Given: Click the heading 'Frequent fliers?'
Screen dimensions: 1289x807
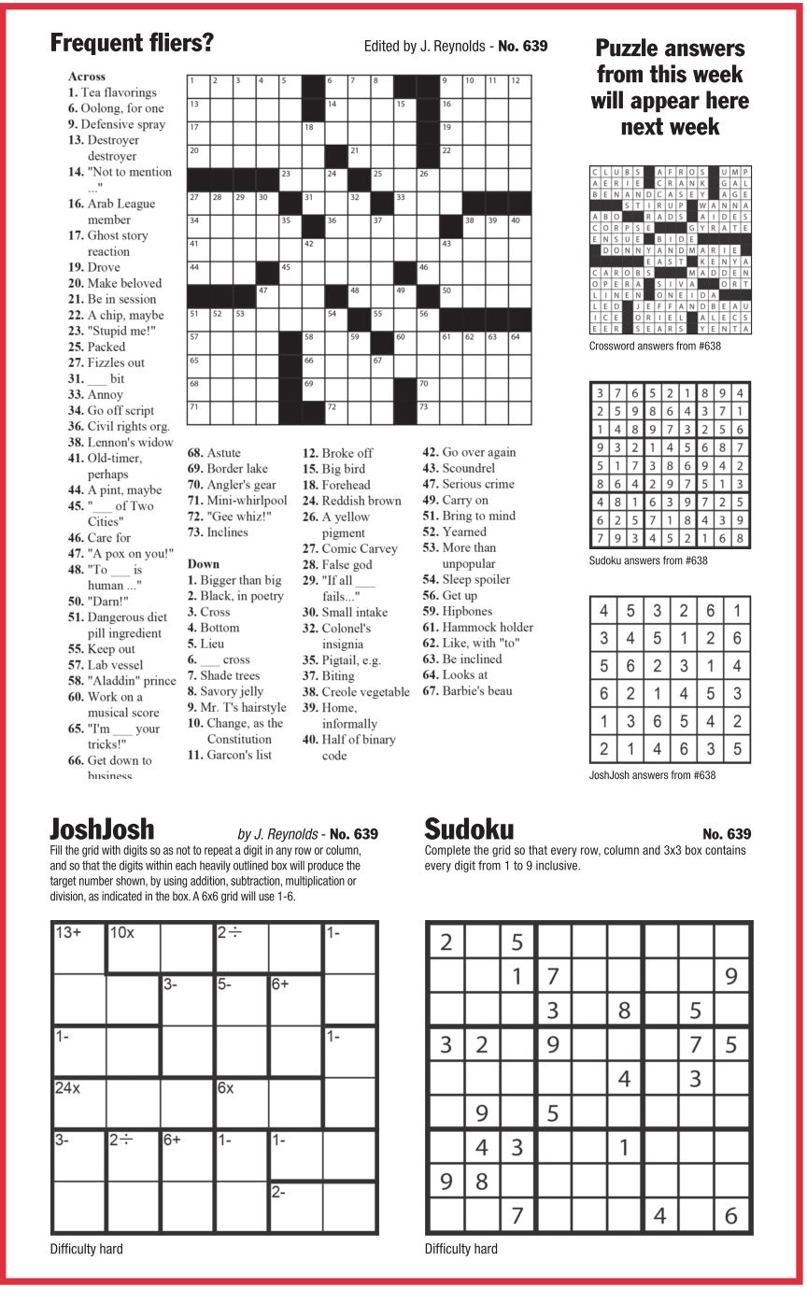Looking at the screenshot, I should coord(132,43).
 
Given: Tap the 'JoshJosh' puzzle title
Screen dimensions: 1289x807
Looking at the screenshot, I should coord(102,829).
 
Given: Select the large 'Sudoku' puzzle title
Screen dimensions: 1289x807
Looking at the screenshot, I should coord(469,829).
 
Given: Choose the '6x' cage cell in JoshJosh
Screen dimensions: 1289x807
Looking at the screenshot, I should coord(242,1103).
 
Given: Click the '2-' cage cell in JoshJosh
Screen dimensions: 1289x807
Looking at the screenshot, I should coord(296,1207).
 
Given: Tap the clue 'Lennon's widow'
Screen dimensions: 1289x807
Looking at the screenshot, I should coord(120,442).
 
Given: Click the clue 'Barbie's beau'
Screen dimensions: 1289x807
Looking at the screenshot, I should coord(467,690).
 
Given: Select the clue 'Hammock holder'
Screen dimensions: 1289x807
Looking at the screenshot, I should coord(477,627).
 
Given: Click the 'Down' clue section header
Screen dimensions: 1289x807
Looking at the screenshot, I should coord(204,563).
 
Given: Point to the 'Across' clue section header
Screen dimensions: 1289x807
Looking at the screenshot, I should coord(87,77).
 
